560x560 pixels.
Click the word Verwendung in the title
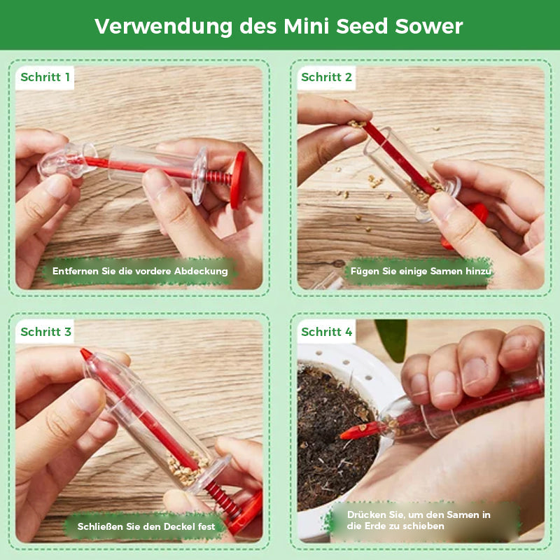click(x=163, y=27)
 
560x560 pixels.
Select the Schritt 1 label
click(x=45, y=77)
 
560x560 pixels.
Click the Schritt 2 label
click(x=326, y=77)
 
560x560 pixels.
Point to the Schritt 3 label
click(x=45, y=332)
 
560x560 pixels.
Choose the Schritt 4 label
click(x=327, y=332)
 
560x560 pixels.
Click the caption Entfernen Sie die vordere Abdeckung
click(x=140, y=271)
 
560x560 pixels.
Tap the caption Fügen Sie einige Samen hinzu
click(x=421, y=271)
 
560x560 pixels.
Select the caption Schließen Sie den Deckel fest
click(x=146, y=526)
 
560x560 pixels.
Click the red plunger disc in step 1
click(x=237, y=180)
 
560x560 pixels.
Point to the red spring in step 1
click(x=218, y=178)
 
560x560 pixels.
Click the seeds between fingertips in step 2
click(x=357, y=124)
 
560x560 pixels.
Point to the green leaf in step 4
click(x=391, y=339)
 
